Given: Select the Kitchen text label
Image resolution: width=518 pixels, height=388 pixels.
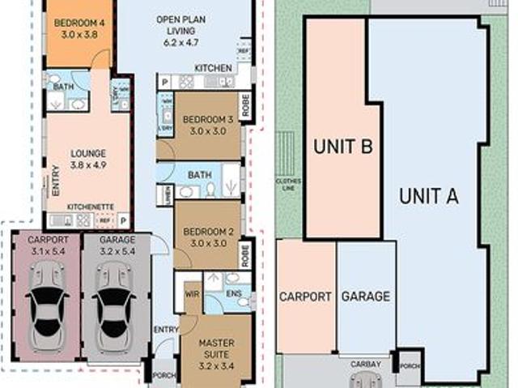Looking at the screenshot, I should (x=213, y=68).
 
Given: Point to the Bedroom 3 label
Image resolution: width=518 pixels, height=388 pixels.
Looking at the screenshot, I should (x=206, y=126).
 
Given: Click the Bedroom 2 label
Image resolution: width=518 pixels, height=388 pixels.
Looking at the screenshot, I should (x=206, y=237).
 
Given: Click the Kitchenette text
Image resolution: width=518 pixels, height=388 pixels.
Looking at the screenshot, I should (x=89, y=207).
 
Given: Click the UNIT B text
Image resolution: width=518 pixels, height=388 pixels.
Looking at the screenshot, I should (x=342, y=147).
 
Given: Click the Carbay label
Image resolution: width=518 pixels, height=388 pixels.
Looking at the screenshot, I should (x=365, y=365).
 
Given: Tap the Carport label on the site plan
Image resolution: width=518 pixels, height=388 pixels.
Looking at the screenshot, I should (x=305, y=296).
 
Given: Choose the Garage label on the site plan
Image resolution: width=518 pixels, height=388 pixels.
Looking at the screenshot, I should (x=365, y=296).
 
